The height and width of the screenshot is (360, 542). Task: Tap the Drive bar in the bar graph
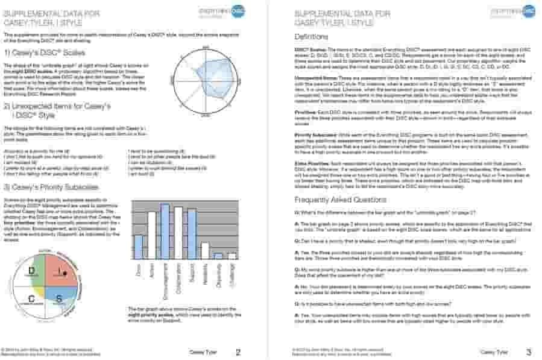pos(138,247)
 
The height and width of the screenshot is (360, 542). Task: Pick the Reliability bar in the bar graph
pos(205,250)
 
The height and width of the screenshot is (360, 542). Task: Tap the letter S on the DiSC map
pos(59,298)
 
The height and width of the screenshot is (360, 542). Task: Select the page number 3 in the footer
pos(528,352)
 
